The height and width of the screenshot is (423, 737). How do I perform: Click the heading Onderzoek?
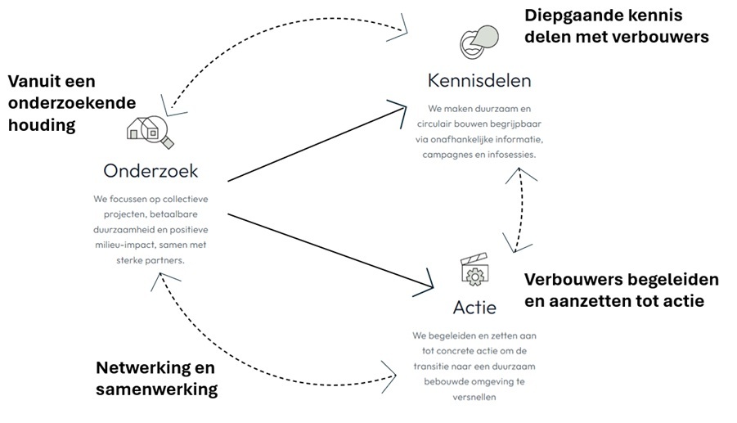[x=151, y=171]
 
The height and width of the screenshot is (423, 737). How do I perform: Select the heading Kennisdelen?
[x=479, y=80]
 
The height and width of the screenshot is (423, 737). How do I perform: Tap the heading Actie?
[x=474, y=308]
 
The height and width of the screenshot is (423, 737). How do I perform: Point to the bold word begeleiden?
[x=667, y=280]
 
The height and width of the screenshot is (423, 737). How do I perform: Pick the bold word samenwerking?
[x=157, y=389]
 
